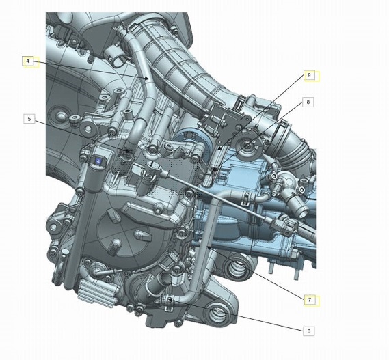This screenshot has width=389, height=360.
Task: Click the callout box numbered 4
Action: (28, 61)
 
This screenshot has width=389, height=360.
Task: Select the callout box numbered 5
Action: (29, 119)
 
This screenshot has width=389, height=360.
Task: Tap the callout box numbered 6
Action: (308, 331)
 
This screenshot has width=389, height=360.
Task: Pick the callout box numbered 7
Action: (310, 300)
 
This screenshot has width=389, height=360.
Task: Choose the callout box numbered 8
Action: (308, 102)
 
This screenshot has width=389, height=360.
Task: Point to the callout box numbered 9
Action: (309, 75)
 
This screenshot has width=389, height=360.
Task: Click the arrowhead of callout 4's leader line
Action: (148, 79)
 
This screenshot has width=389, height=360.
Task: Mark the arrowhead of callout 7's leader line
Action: (209, 247)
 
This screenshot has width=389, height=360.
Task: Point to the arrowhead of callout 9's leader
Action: (219, 148)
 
